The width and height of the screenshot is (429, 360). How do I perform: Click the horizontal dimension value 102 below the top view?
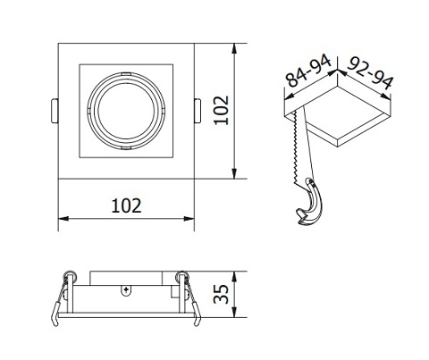pos(127,205)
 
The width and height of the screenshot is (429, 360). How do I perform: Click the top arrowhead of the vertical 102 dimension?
pos(235,45)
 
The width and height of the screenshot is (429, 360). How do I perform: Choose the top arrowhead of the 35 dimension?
pos(235,272)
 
